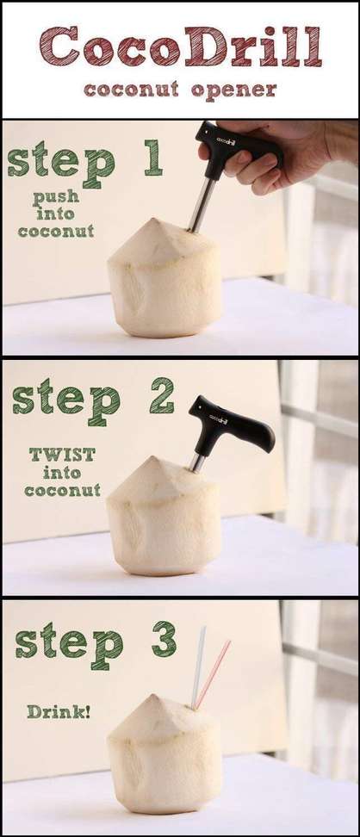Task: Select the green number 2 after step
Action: (x=162, y=395)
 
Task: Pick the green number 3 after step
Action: (x=164, y=638)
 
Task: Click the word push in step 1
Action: (x=56, y=197)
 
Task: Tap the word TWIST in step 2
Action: (x=63, y=455)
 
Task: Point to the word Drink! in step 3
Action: (x=59, y=711)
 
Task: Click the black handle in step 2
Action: (x=230, y=425)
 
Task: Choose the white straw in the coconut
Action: (x=198, y=667)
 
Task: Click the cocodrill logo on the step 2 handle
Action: (x=218, y=418)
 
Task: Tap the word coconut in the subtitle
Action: (x=132, y=89)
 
